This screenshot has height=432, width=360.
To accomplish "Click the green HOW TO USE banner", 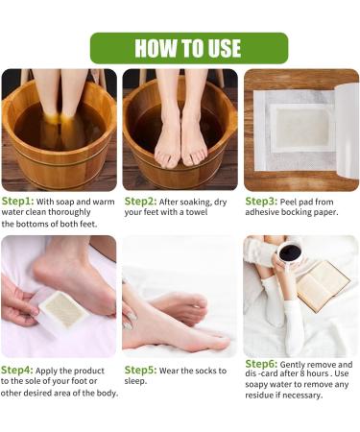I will coord(188,48).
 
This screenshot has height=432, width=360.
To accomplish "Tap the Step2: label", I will coord(142,201).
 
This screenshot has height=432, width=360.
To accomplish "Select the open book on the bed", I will coord(324,285).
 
